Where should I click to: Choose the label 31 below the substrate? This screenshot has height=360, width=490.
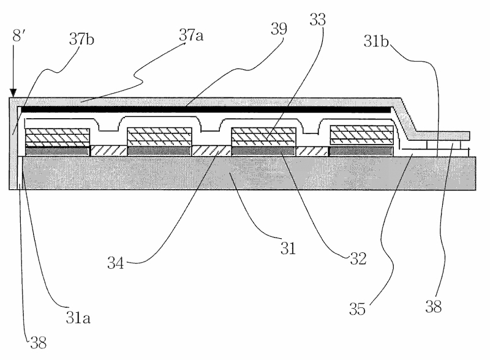click(287, 249)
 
